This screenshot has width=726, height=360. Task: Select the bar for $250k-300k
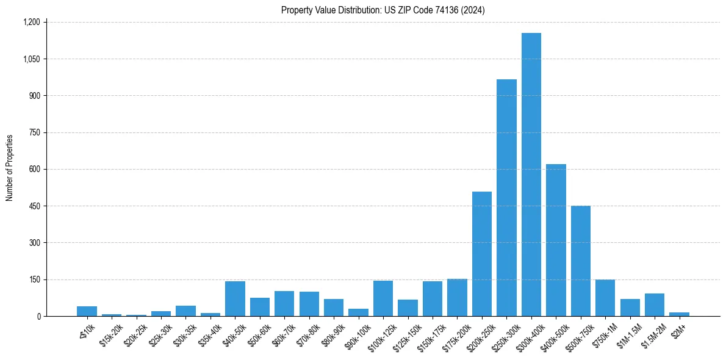coord(506,198)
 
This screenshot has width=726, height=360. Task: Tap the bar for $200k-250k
coord(482,254)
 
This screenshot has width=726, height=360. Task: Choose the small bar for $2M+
coord(679,314)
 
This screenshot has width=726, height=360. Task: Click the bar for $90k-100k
coord(359,312)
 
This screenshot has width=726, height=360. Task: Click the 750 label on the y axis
coord(34,132)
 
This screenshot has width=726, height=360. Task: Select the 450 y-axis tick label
coord(34,206)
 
